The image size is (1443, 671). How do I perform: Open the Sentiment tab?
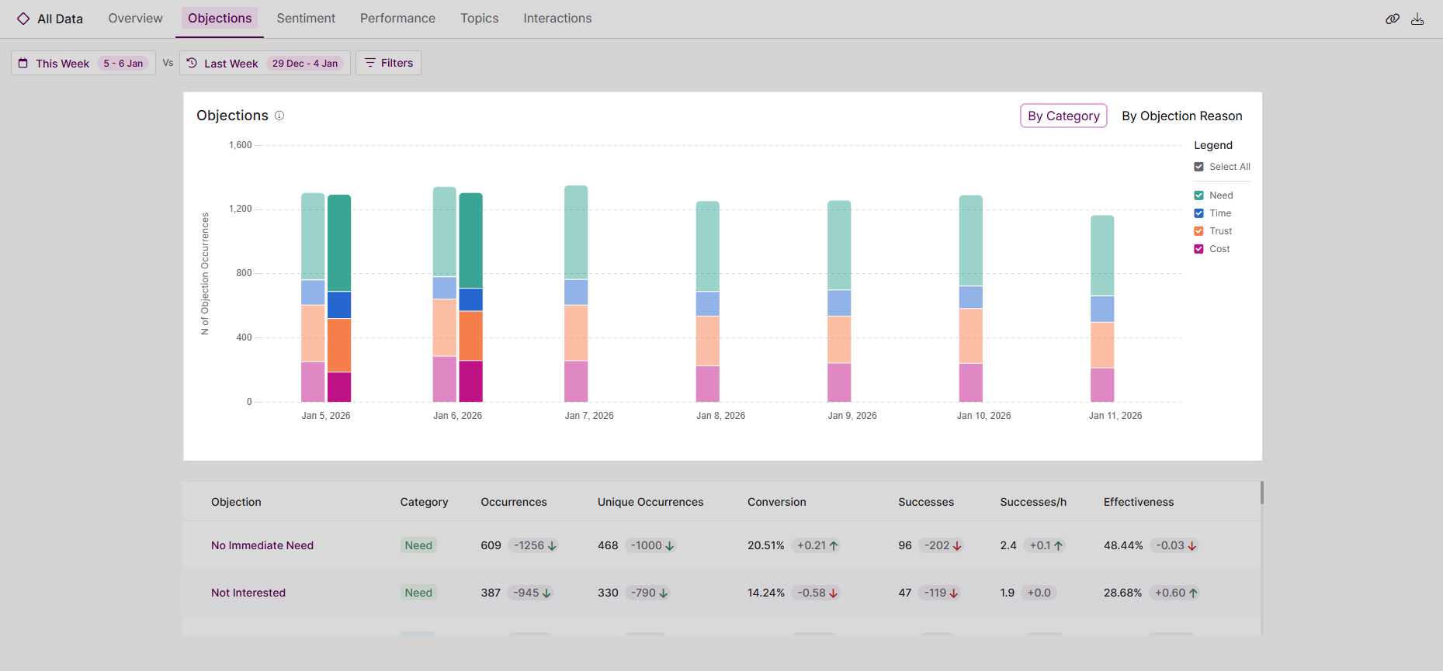[306, 18]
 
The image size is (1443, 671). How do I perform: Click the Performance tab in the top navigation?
[397, 18]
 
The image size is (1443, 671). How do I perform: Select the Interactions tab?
[557, 18]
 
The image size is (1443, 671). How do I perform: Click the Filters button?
[389, 63]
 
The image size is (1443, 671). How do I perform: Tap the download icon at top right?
[1417, 19]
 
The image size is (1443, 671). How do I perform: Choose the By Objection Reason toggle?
[1181, 116]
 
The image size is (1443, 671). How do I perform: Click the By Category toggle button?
[1063, 116]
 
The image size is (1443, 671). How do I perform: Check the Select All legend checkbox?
[1199, 167]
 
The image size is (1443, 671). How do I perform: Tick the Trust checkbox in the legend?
[1199, 231]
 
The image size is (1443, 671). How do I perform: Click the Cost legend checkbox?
[1199, 249]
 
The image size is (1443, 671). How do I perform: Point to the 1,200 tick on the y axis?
[240, 209]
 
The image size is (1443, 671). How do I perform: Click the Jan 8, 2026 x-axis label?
[720, 416]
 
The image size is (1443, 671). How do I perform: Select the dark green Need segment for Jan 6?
[470, 240]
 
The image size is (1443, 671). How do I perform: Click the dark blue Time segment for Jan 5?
[339, 305]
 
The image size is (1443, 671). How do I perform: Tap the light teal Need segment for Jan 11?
[1102, 255]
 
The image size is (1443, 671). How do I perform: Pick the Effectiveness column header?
[1138, 502]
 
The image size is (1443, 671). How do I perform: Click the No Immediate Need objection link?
[262, 545]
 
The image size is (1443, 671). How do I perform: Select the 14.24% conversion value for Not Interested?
[765, 593]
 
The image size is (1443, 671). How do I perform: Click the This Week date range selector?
[84, 63]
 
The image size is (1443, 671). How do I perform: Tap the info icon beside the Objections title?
[279, 116]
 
